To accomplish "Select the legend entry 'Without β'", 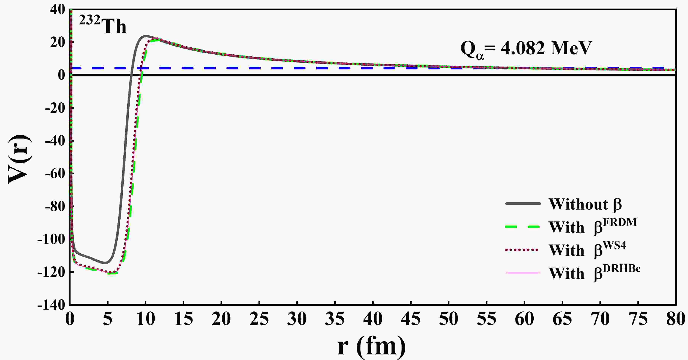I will (x=585, y=205).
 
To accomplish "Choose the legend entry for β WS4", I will (x=587, y=250).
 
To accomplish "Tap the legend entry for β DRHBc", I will (x=594, y=273).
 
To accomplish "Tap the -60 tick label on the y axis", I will (x=55, y=174).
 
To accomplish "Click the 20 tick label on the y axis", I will (x=57, y=43).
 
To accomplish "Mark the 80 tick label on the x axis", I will (x=675, y=319).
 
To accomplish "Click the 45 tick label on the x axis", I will (x=410, y=319).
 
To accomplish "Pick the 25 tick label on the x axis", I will (x=259, y=319).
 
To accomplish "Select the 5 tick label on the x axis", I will (x=108, y=319).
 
